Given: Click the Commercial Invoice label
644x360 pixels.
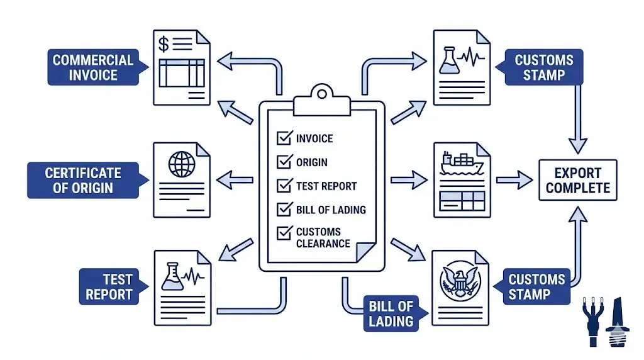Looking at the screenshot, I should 93,68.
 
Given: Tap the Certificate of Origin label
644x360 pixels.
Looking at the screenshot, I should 83,180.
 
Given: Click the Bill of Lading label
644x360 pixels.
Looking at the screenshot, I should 391,314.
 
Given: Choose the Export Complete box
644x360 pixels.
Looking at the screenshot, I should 577,180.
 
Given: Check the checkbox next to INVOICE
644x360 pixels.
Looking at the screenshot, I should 284,138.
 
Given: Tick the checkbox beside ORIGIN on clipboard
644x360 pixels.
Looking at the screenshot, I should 284,162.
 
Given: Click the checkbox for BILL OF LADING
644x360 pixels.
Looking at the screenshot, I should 284,210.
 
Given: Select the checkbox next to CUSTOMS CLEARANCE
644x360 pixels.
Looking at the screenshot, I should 284,233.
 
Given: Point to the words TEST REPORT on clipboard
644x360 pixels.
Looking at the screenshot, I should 326,186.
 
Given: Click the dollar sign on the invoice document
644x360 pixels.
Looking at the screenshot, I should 164,44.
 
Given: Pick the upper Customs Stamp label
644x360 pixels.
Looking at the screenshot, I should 544,68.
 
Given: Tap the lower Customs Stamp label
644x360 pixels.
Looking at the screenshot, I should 536,287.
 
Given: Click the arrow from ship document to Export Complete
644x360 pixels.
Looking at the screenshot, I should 514,180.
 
